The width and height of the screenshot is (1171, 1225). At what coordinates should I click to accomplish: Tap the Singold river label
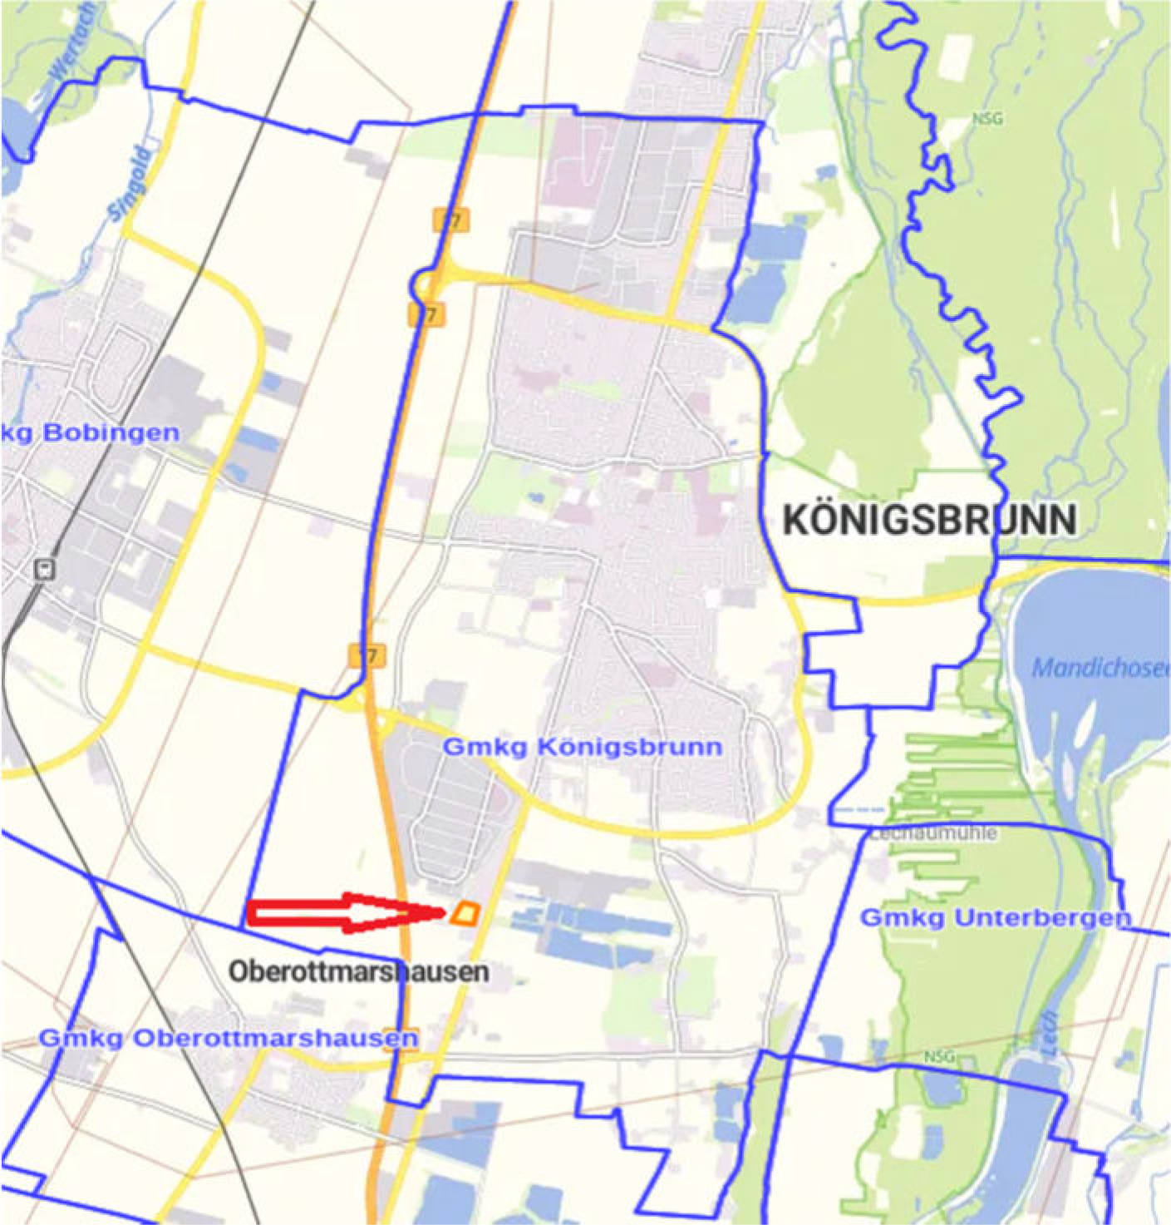tap(130, 185)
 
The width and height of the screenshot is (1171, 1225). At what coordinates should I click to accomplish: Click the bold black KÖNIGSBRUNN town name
tap(930, 521)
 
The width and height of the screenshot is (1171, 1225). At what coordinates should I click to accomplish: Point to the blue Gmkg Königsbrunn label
tap(582, 747)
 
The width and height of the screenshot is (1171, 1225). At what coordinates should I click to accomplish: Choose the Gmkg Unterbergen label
tap(995, 918)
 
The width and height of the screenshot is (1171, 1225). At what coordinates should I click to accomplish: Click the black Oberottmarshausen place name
tap(358, 971)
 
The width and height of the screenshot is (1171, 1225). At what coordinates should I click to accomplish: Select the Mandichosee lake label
tap(1099, 668)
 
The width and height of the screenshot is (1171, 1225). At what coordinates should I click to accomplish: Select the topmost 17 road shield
tap(450, 220)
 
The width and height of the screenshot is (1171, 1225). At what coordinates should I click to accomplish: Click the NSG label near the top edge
tap(987, 119)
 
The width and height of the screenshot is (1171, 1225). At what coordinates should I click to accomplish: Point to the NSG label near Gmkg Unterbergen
tap(939, 1058)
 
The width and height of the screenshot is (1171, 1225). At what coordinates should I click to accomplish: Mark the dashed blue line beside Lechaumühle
tap(860, 808)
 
